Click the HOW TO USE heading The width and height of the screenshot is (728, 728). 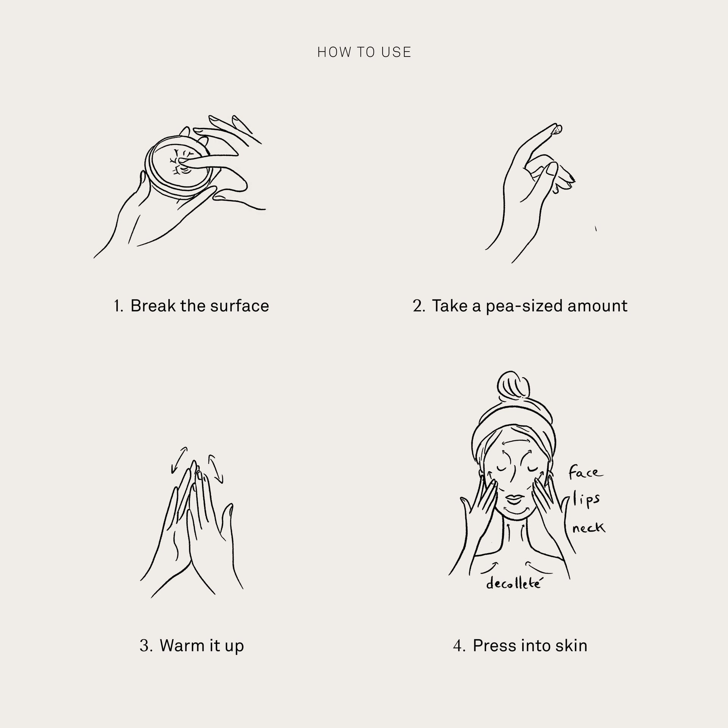tap(364, 52)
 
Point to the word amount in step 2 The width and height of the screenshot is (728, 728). tap(597, 306)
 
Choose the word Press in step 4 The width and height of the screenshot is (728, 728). tap(494, 646)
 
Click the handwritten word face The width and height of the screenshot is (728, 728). tap(585, 473)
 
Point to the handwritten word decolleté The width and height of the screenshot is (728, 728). tap(513, 594)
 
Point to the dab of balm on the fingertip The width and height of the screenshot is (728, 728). tap(557, 130)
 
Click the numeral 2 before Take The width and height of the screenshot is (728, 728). tap(418, 306)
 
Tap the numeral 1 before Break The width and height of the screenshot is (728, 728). tap(117, 306)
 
